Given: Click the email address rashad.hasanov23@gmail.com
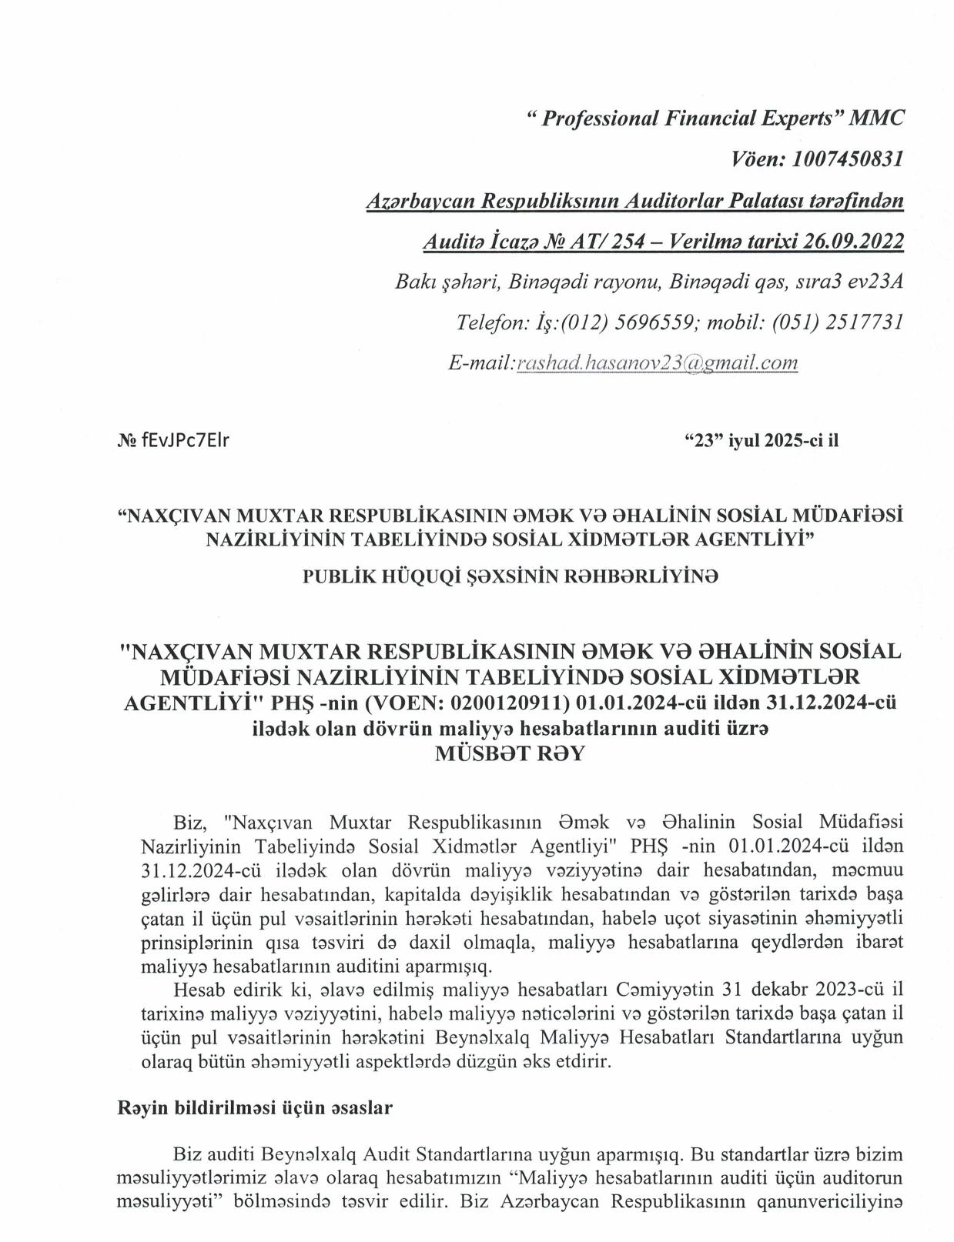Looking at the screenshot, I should [x=657, y=363].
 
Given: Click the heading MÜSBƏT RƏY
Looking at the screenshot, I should [x=510, y=754].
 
